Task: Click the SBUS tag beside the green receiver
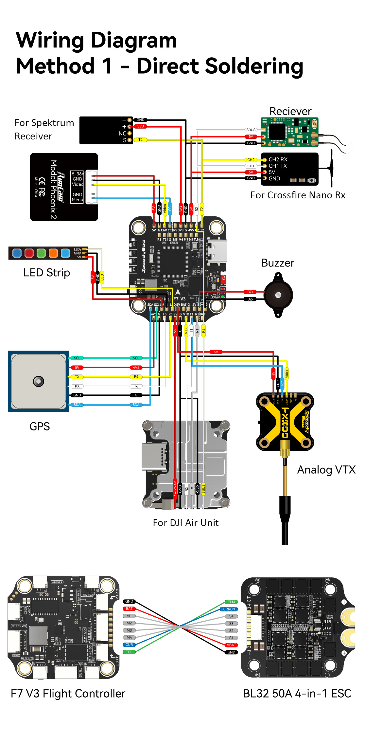tap(251, 130)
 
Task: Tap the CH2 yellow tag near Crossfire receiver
tap(251, 160)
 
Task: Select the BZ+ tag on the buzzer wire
tap(251, 292)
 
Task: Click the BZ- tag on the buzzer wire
tap(251, 299)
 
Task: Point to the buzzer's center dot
tap(278, 295)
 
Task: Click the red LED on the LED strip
tap(29, 253)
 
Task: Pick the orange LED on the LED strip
tap(53, 253)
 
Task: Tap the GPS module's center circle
tap(38, 381)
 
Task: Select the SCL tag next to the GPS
tap(77, 358)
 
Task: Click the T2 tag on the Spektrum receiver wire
tap(140, 140)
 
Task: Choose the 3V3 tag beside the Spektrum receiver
tap(140, 126)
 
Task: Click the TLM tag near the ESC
tap(231, 602)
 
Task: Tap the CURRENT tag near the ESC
tap(229, 609)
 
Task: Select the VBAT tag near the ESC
tap(231, 645)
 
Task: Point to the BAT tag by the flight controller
tap(129, 609)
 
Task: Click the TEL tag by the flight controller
tap(129, 652)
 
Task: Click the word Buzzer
tap(277, 263)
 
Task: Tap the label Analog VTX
tap(326, 470)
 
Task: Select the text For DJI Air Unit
tap(185, 523)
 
